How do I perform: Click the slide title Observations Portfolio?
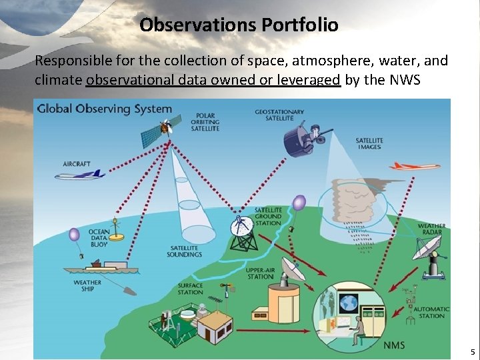pos(239,25)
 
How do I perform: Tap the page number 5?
pos(472,352)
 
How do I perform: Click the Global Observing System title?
pos(104,109)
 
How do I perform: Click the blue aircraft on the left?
pos(80,175)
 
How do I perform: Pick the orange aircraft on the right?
pos(414,166)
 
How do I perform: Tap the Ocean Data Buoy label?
pos(99,238)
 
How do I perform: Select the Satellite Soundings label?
pos(185,251)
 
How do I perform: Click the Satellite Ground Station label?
pos(268,217)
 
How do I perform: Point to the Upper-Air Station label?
pos(260,273)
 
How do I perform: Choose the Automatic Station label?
pos(431,312)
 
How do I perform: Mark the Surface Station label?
pos(190,289)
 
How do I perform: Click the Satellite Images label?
pos(369,143)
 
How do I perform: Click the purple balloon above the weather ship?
pos(74,234)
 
